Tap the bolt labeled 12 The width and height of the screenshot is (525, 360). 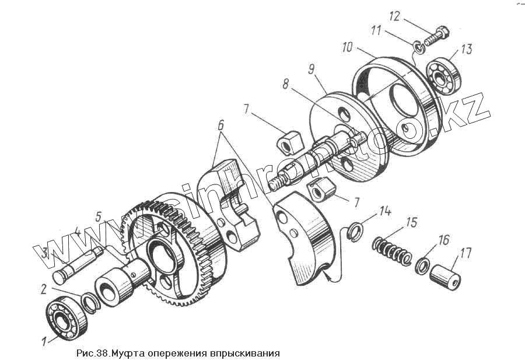(x=435, y=36)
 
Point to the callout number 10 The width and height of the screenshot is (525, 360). (x=348, y=47)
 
